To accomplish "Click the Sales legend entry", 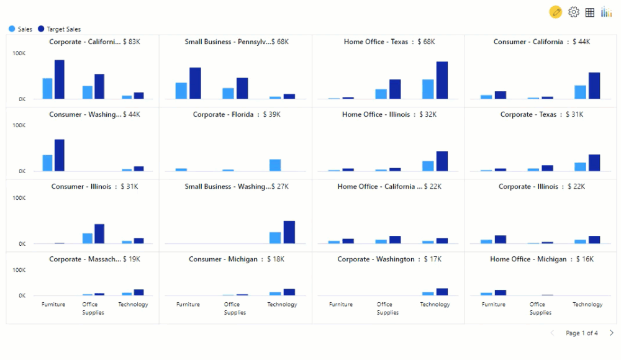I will point(20,29).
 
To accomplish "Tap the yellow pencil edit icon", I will point(556,12).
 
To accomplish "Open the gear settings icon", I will point(574,12).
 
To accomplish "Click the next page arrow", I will point(611,333).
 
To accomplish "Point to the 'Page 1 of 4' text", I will point(581,333).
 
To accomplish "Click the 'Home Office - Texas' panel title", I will point(376,42).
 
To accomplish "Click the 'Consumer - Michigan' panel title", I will point(223,259).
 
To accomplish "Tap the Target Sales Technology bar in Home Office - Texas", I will point(442,80).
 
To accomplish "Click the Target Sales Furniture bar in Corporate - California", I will point(60,79).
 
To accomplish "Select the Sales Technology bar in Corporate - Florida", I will point(275,165).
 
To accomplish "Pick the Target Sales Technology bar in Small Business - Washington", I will point(289,232).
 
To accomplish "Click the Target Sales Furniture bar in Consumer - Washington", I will point(60,155).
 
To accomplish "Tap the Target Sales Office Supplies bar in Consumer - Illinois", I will point(99,234).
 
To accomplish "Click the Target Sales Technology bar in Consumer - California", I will point(594,86).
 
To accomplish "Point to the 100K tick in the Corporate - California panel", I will point(19,53).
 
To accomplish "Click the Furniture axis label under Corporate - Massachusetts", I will point(53,305).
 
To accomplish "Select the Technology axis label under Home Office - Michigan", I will point(587,305).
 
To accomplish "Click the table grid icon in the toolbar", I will point(590,12).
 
